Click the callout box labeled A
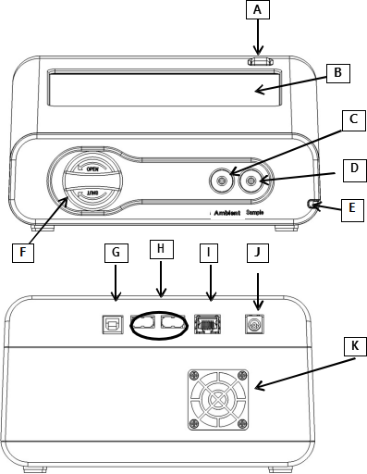(258, 10)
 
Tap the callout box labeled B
(338, 73)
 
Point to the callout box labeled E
(352, 210)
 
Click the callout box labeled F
(23, 253)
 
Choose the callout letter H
(162, 249)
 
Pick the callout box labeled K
(355, 347)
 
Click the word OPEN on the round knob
(92, 169)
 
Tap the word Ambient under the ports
(227, 213)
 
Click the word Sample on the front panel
(255, 212)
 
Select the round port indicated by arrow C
(221, 181)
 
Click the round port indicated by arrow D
(251, 181)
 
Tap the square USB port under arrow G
(113, 324)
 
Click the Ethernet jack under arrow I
(207, 324)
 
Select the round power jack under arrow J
(254, 324)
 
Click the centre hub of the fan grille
(218, 400)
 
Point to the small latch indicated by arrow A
(261, 61)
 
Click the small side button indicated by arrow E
(311, 204)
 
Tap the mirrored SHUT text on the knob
(92, 193)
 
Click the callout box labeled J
(258, 253)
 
